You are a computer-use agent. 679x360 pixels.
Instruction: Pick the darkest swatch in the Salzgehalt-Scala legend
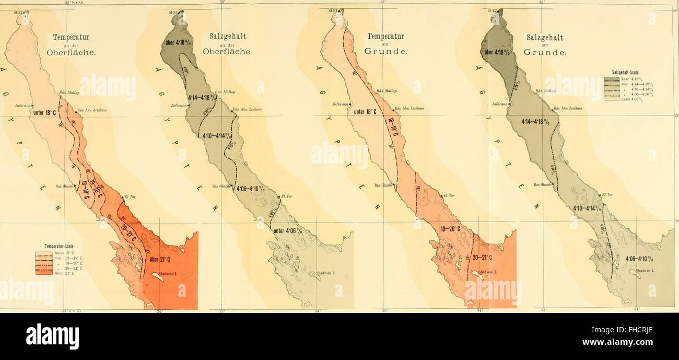[x=611, y=79]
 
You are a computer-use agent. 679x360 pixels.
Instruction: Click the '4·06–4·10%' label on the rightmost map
[x=642, y=258]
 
